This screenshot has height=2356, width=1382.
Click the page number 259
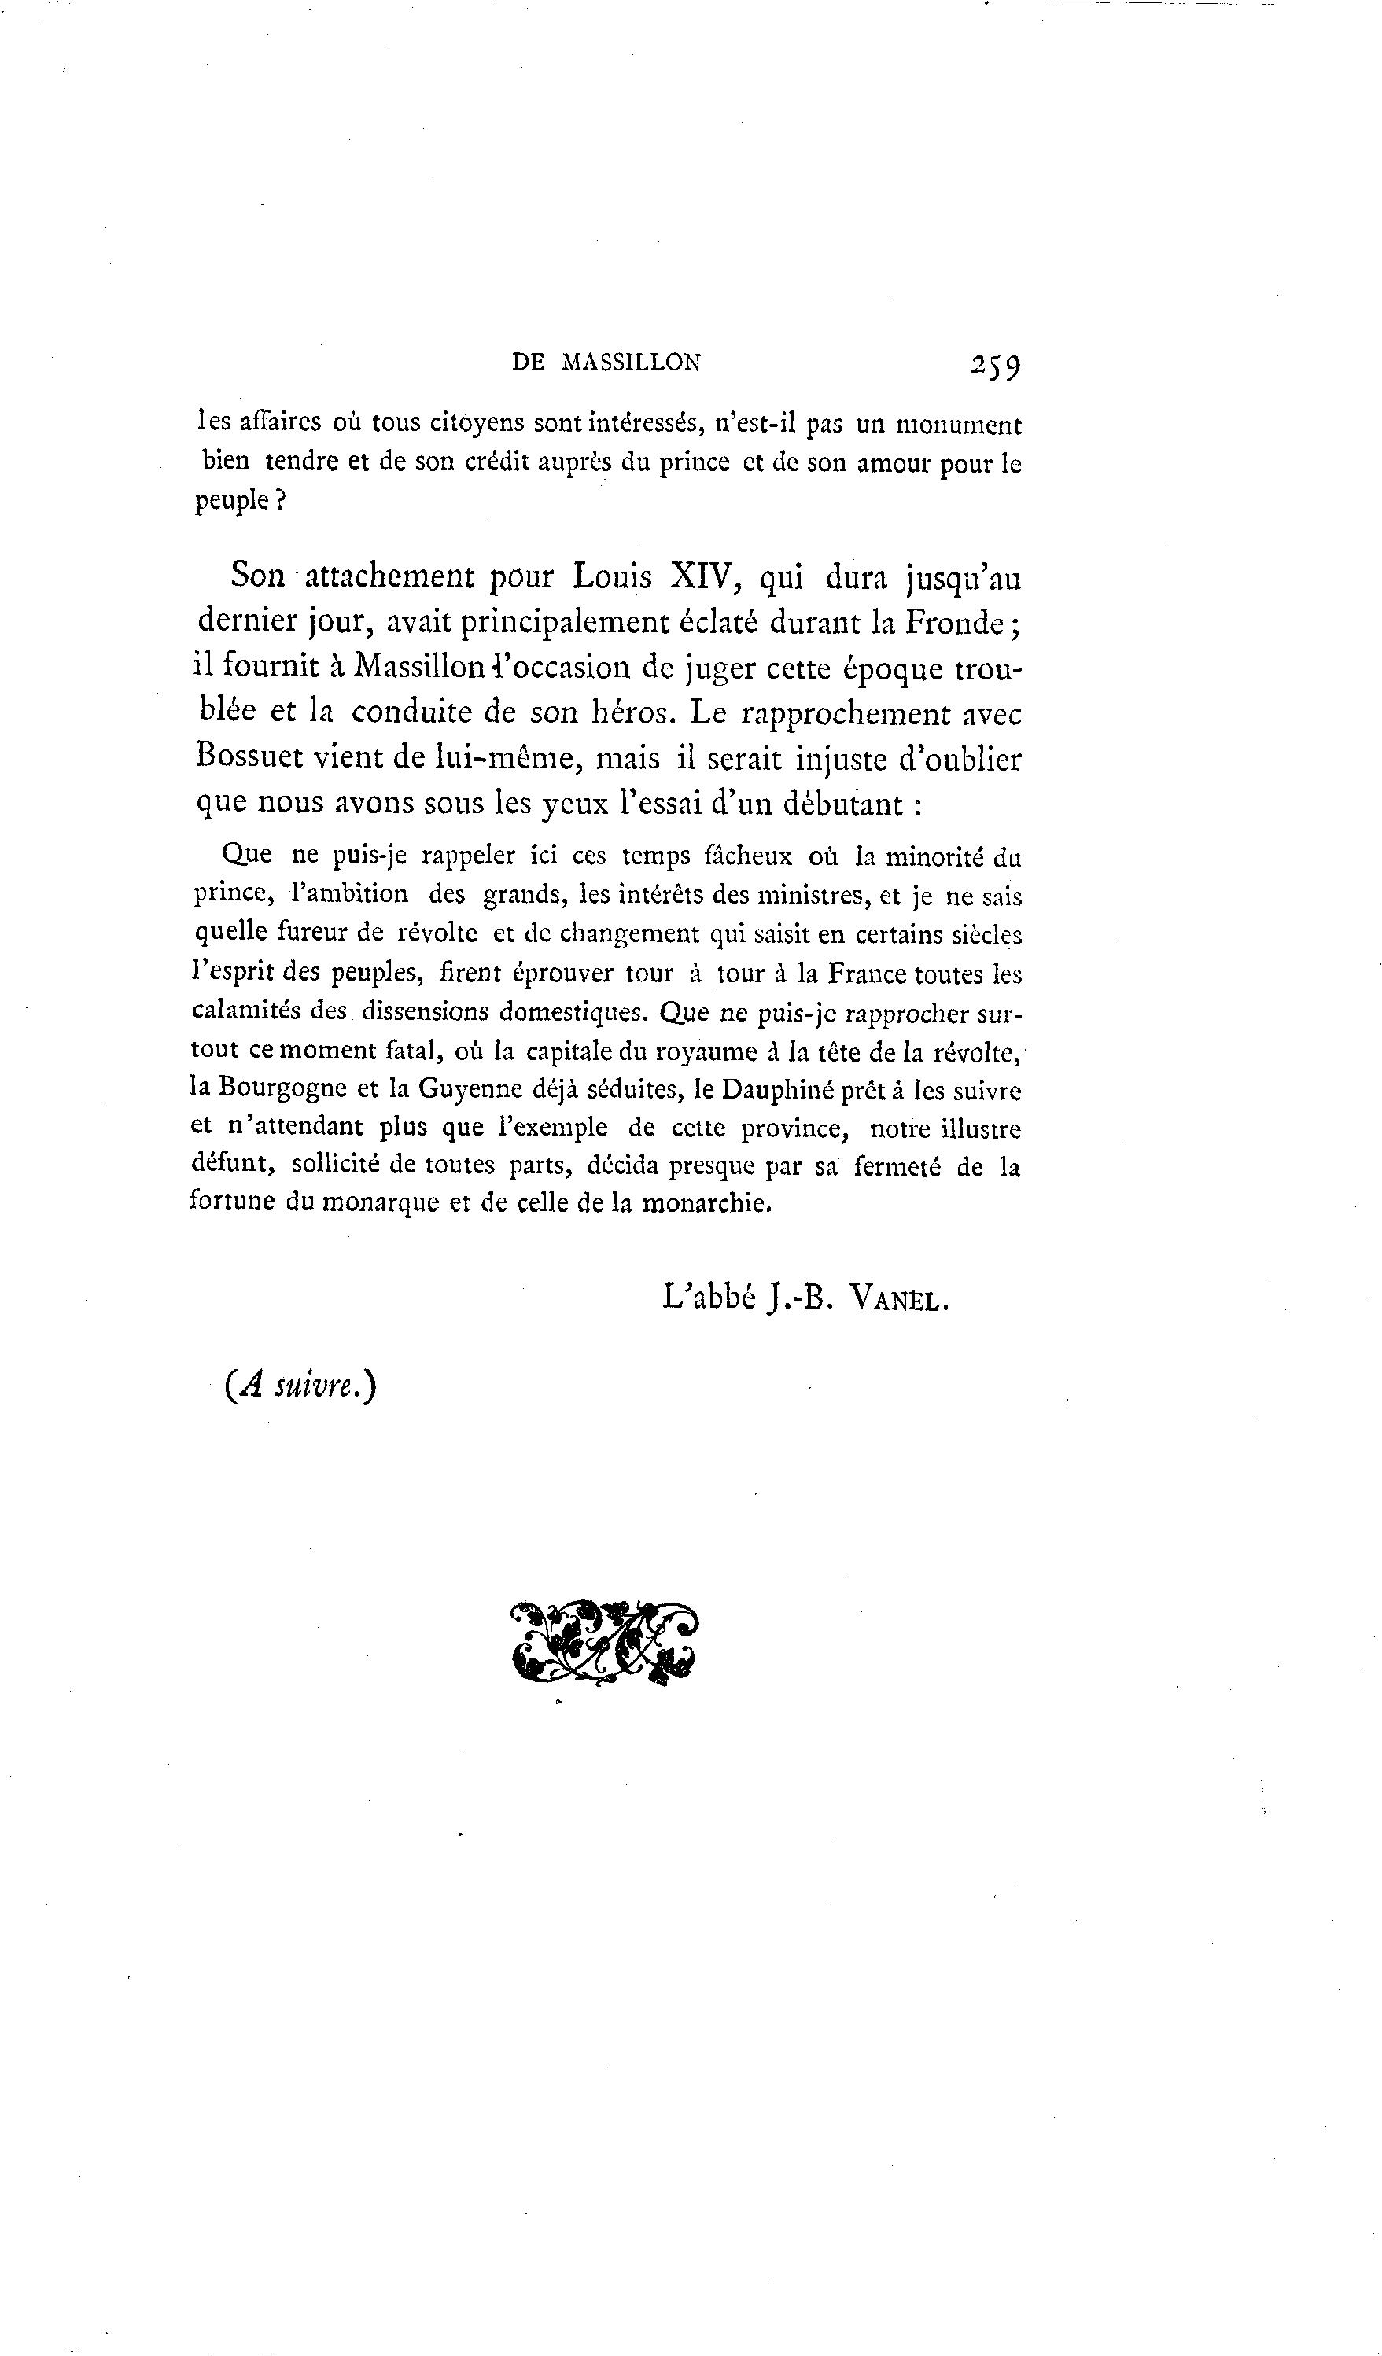996,365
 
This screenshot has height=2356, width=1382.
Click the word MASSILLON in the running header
630,363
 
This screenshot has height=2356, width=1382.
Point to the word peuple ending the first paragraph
234,501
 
